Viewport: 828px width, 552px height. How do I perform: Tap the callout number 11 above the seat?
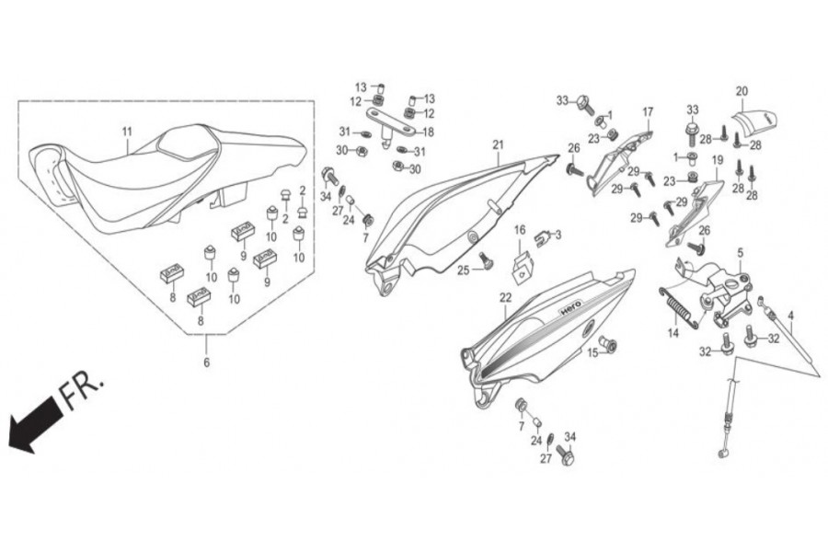pyautogui.click(x=127, y=131)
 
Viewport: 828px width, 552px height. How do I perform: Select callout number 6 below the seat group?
pyautogui.click(x=206, y=362)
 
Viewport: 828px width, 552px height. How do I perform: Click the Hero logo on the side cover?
pyautogui.click(x=566, y=313)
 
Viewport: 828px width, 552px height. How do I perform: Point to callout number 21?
pyautogui.click(x=498, y=144)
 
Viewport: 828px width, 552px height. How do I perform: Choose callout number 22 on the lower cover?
pyautogui.click(x=505, y=297)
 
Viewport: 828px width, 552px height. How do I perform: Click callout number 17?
pyautogui.click(x=648, y=112)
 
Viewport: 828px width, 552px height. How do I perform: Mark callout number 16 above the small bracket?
pyautogui.click(x=520, y=229)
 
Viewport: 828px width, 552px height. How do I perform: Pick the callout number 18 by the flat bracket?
pyautogui.click(x=428, y=132)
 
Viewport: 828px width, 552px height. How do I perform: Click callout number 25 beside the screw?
pyautogui.click(x=464, y=270)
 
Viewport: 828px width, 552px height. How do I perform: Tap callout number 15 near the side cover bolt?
pyautogui.click(x=593, y=352)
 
